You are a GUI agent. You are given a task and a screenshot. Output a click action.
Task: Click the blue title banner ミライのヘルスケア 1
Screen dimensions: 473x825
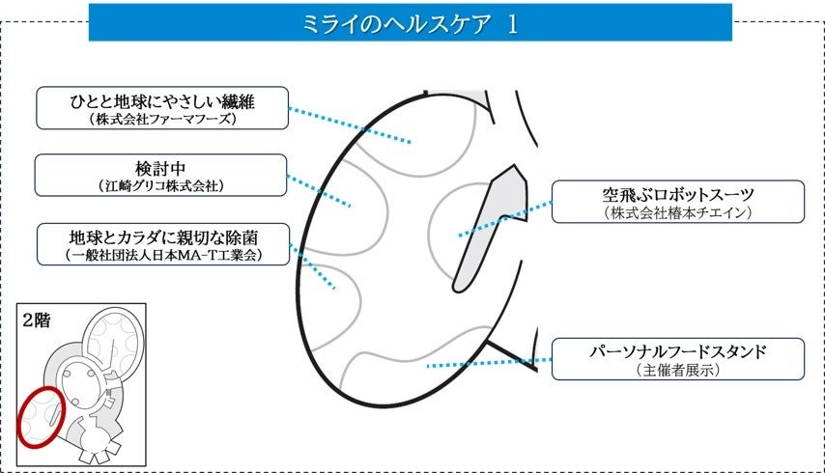pyautogui.click(x=410, y=23)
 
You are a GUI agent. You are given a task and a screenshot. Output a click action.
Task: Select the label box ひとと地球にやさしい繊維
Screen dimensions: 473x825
pyautogui.click(x=161, y=107)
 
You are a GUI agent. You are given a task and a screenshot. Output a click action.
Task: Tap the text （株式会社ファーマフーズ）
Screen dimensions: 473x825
pyautogui.click(x=161, y=120)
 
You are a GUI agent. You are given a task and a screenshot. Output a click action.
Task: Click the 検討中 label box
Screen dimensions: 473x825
pyautogui.click(x=161, y=174)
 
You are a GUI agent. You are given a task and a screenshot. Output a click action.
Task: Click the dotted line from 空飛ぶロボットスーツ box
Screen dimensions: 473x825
pyautogui.click(x=505, y=218)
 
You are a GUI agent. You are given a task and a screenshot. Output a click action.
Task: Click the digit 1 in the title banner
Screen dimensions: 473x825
pyautogui.click(x=511, y=24)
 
